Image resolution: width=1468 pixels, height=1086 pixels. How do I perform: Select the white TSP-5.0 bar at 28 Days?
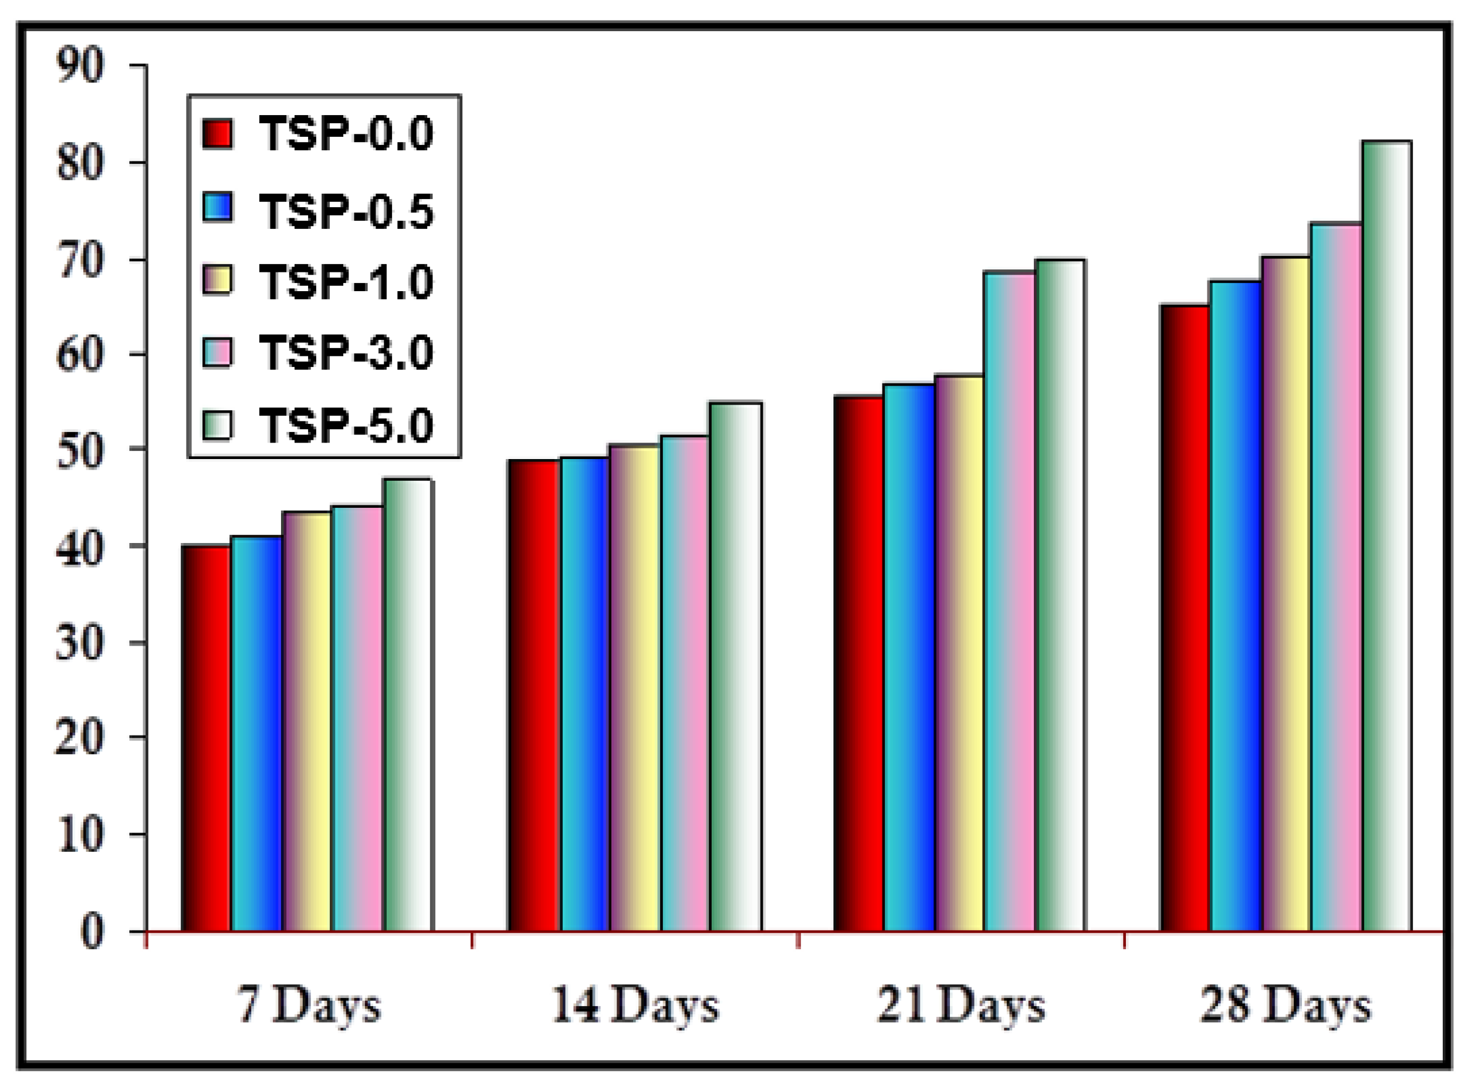[x=1386, y=536]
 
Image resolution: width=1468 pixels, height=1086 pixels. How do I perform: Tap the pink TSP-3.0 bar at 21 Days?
[x=1009, y=601]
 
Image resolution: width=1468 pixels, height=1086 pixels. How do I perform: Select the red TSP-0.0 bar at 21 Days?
[x=859, y=663]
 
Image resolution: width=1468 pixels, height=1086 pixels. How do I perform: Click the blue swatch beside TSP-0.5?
[x=218, y=208]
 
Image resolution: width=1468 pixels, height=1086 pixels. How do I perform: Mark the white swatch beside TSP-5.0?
[x=218, y=424]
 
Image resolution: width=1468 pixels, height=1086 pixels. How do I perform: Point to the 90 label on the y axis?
[x=80, y=65]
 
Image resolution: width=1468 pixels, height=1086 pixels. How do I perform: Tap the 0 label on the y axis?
[x=92, y=932]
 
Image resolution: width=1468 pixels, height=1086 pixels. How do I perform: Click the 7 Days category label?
[x=309, y=1005]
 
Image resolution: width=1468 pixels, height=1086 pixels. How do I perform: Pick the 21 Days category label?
[x=960, y=1005]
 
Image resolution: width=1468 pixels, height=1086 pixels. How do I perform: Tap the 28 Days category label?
[x=1286, y=1005]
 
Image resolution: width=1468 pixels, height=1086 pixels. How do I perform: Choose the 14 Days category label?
[x=635, y=1005]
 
